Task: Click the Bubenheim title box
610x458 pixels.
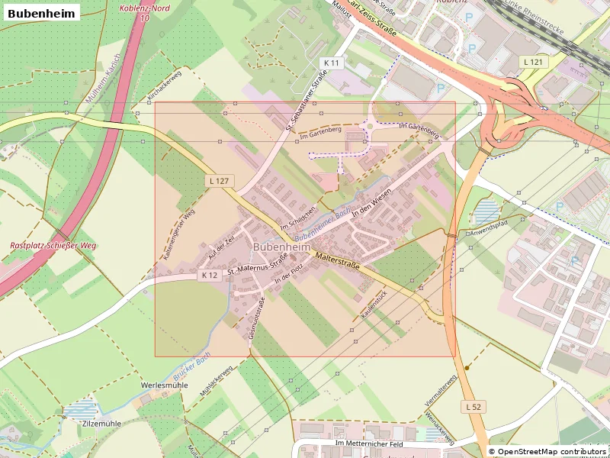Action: coord(42,13)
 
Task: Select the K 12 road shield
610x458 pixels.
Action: coord(210,274)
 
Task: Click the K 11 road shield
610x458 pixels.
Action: coord(332,62)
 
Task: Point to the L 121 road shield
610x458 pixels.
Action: coord(532,60)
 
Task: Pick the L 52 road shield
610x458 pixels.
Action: coord(474,408)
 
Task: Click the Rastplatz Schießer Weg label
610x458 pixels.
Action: coord(53,246)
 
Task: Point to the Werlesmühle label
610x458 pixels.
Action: coord(164,385)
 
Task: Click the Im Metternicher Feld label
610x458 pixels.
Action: coord(368,443)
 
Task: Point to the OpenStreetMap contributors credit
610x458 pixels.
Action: coord(547,452)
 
